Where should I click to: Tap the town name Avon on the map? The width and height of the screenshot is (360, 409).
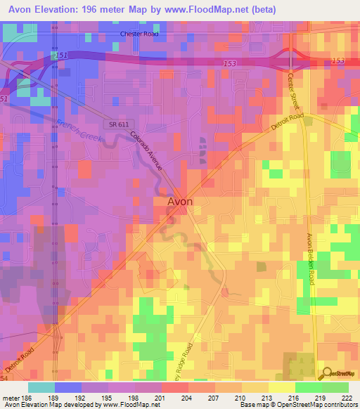[180, 201]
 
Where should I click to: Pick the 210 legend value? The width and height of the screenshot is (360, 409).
[240, 397]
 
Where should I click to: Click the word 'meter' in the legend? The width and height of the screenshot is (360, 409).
[9, 397]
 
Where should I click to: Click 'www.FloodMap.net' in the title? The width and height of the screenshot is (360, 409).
[211, 9]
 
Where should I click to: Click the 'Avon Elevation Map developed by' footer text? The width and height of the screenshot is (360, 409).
[40, 405]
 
